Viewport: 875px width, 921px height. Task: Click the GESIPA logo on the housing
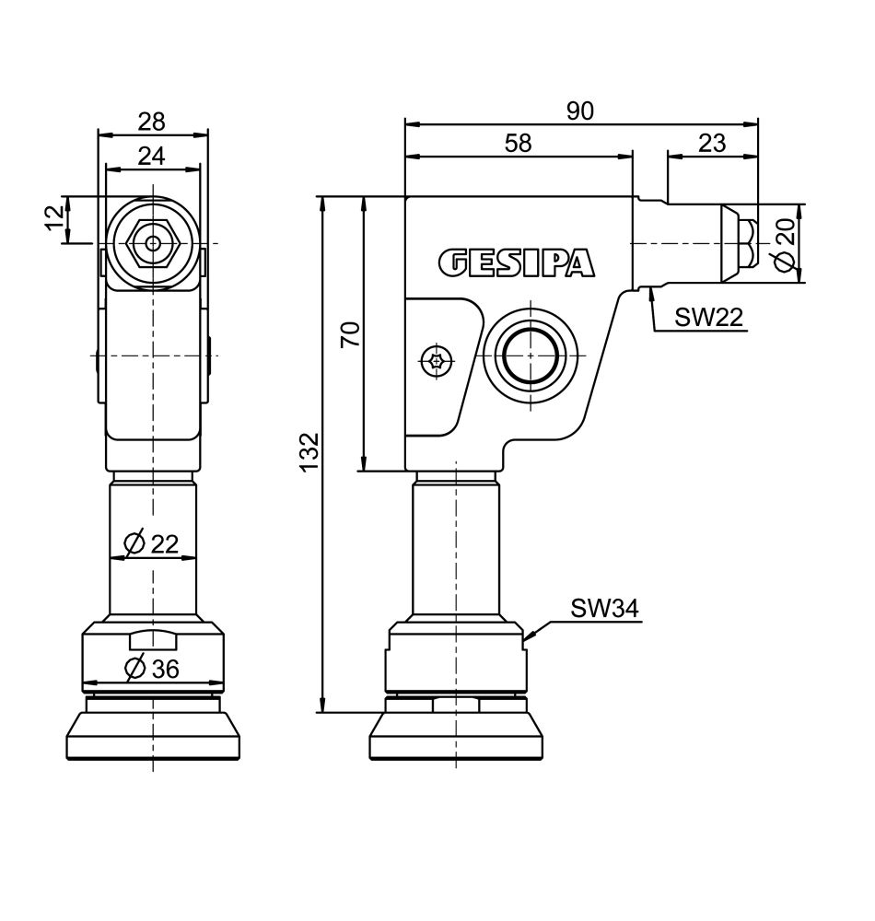516,262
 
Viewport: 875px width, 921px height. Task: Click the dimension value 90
580,111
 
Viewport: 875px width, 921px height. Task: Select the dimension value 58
519,143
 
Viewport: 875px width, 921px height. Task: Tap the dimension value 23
712,143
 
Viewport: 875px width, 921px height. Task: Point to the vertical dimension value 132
309,452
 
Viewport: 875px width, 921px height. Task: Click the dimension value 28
152,122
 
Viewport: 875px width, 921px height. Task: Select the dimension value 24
152,156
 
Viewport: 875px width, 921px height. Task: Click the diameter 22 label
151,544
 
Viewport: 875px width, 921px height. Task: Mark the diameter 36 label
151,670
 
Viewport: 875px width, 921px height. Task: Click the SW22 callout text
708,318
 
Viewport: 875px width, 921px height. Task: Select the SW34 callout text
604,609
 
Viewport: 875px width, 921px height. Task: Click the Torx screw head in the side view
437,361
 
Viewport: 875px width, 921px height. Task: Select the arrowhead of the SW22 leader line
650,291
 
